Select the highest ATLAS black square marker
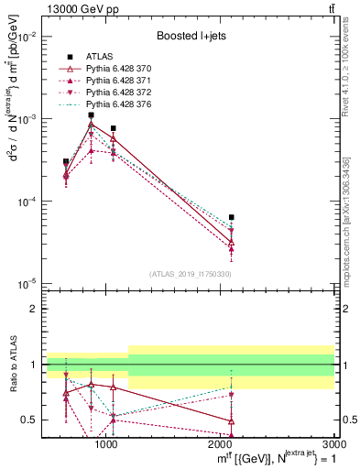(x=91, y=115)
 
